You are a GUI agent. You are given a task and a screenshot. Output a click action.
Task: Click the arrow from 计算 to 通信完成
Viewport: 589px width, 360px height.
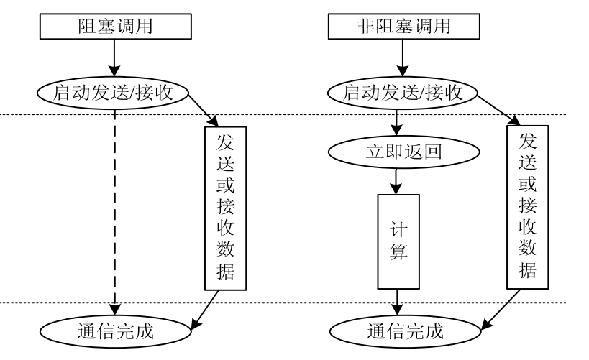396,300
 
